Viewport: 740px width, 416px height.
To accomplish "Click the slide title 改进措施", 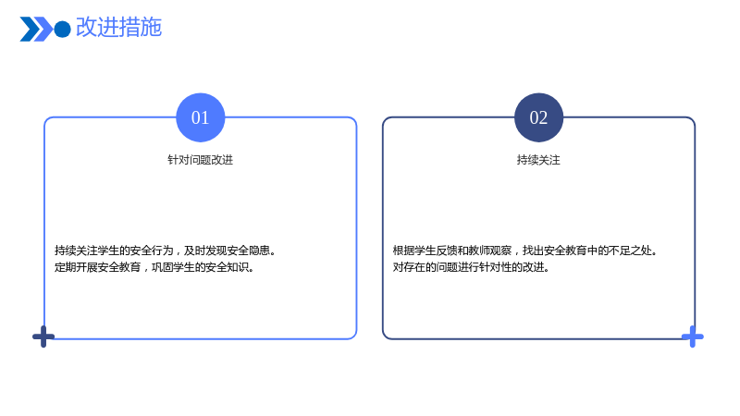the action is tap(119, 27).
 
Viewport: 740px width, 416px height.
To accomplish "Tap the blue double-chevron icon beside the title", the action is tap(36, 29).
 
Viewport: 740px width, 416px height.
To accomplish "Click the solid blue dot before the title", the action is tap(62, 30).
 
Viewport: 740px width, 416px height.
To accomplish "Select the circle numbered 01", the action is tap(201, 117).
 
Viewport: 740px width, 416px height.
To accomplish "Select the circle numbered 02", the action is tap(538, 117).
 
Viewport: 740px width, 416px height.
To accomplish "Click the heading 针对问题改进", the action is tap(200, 160).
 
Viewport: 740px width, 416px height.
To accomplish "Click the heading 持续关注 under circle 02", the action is tap(538, 160).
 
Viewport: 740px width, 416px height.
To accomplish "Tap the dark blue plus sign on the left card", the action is tap(43, 336).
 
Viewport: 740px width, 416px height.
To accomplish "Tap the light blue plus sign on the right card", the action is tap(692, 336).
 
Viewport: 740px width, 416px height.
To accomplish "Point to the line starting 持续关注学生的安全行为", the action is tap(166, 251).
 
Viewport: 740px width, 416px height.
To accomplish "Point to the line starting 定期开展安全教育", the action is tap(154, 267).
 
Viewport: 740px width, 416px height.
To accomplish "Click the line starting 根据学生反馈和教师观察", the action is tap(525, 251).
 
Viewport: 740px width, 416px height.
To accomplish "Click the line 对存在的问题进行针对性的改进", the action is tap(471, 267).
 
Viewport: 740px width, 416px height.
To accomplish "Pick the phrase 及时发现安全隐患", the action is tap(229, 251).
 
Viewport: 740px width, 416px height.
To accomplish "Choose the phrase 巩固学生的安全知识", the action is tap(203, 267).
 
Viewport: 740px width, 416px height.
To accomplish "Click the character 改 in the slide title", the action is tap(86, 27).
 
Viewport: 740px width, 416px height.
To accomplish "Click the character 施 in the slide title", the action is tap(151, 27).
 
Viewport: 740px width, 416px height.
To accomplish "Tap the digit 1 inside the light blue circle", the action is tap(204, 118).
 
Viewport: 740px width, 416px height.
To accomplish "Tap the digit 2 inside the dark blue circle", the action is tap(543, 118).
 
